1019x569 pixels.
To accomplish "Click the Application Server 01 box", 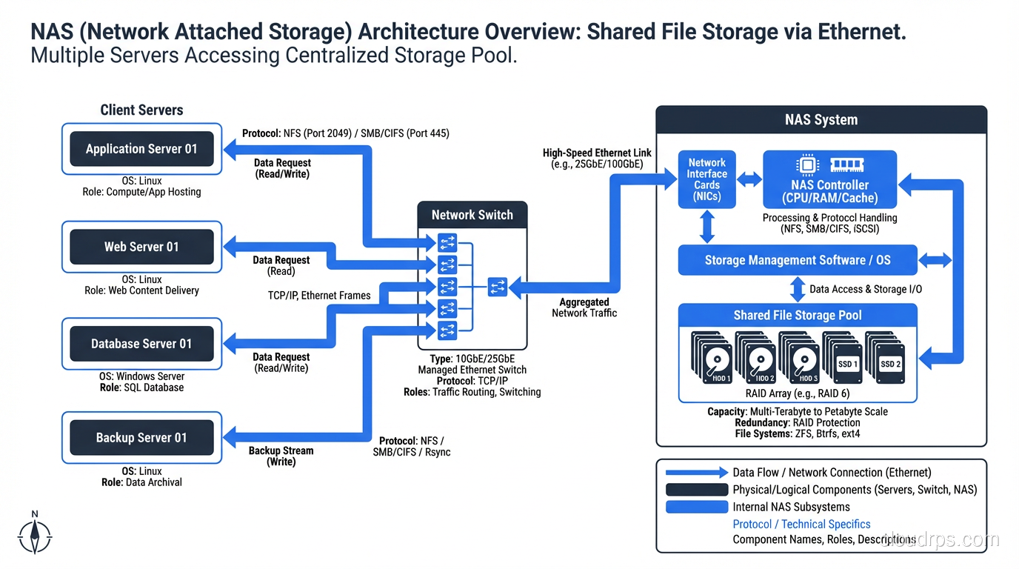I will [x=141, y=149].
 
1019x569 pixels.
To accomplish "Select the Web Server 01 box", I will [x=141, y=247].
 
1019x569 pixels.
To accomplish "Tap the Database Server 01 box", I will [x=141, y=344].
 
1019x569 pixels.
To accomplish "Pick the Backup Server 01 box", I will [x=141, y=438].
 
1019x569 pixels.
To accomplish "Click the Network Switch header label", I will [x=472, y=215].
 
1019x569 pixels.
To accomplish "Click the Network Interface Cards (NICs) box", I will [x=706, y=179].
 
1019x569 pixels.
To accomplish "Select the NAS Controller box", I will [x=829, y=180].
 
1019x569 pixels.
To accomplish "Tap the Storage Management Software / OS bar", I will [x=798, y=260].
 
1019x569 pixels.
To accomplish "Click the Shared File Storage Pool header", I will [x=798, y=316].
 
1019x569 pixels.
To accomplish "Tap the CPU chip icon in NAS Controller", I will [x=806, y=164].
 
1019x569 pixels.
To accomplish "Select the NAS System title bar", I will [x=821, y=120].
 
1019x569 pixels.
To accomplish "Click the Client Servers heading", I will [x=141, y=110].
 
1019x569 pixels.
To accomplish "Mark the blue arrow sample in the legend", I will [x=696, y=473].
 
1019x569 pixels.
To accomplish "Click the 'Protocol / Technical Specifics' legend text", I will [x=801, y=524].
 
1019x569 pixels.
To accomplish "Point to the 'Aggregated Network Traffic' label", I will [x=584, y=307].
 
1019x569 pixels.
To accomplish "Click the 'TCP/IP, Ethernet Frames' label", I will [x=319, y=296].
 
